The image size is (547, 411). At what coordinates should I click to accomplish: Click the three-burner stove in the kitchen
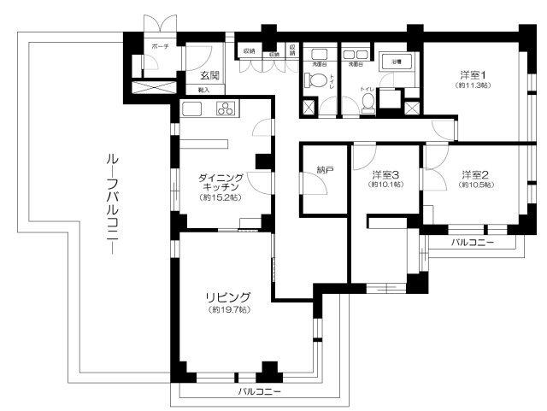coord(226,109)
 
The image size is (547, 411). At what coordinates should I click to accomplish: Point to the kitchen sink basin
coord(191,109)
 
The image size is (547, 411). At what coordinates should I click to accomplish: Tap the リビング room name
coord(226,297)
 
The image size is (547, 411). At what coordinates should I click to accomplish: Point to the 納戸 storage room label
coord(324,171)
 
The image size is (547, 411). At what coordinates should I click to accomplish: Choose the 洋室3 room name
coord(385,176)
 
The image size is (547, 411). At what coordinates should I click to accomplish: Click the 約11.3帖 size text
coord(471,85)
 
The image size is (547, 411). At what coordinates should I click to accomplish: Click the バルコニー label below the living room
coord(259,392)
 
